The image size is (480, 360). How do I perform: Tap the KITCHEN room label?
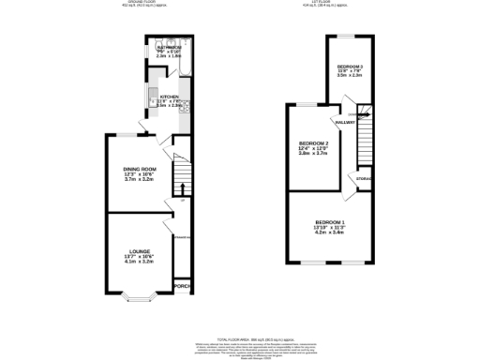(x=169, y=97)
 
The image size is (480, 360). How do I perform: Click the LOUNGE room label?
(x=139, y=251)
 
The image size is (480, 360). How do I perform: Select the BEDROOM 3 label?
(x=350, y=67)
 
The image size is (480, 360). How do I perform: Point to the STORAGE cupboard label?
(x=364, y=178)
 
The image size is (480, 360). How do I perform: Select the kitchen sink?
(x=153, y=97)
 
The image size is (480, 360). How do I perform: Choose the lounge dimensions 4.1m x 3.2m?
(x=139, y=262)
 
